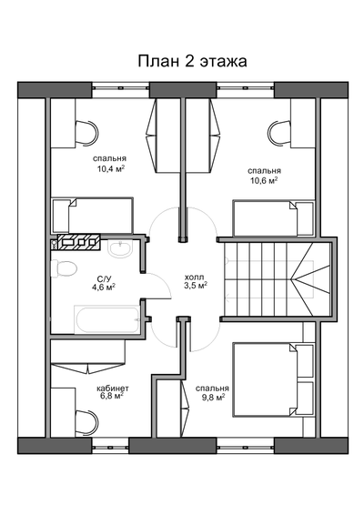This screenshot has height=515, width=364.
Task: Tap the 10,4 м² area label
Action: coord(110,168)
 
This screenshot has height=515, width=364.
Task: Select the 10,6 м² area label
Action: coord(263,180)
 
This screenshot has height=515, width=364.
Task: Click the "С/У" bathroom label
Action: coord(104,278)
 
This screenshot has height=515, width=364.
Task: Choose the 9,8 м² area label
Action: coord(210,397)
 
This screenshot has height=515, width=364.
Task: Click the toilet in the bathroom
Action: coord(65,269)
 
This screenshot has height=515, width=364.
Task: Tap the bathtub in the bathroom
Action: coord(106,318)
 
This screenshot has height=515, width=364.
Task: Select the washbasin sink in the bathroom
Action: coord(120,248)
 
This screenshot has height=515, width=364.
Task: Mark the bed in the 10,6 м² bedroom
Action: coord(273,217)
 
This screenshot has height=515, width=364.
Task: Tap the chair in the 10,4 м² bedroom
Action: coord(86,134)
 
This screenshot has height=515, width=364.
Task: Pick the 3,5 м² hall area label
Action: coord(195,285)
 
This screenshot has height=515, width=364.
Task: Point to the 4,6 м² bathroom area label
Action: coord(104,288)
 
